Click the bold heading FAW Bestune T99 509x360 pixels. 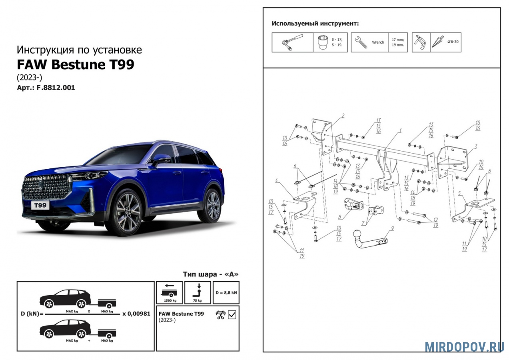(75, 64)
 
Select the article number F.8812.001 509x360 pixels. (56, 88)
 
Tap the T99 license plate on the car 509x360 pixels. (40, 205)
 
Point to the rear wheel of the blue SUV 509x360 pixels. (212, 205)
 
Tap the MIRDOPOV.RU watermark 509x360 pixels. (464, 346)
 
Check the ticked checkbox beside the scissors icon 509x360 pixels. (232, 314)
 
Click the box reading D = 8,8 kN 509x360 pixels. (226, 292)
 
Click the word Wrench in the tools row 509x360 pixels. (378, 42)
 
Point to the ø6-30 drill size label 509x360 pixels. (453, 42)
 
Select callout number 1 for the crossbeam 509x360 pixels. (400, 130)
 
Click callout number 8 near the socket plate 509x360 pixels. (339, 218)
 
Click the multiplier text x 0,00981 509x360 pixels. (136, 314)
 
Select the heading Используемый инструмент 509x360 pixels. (315, 23)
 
